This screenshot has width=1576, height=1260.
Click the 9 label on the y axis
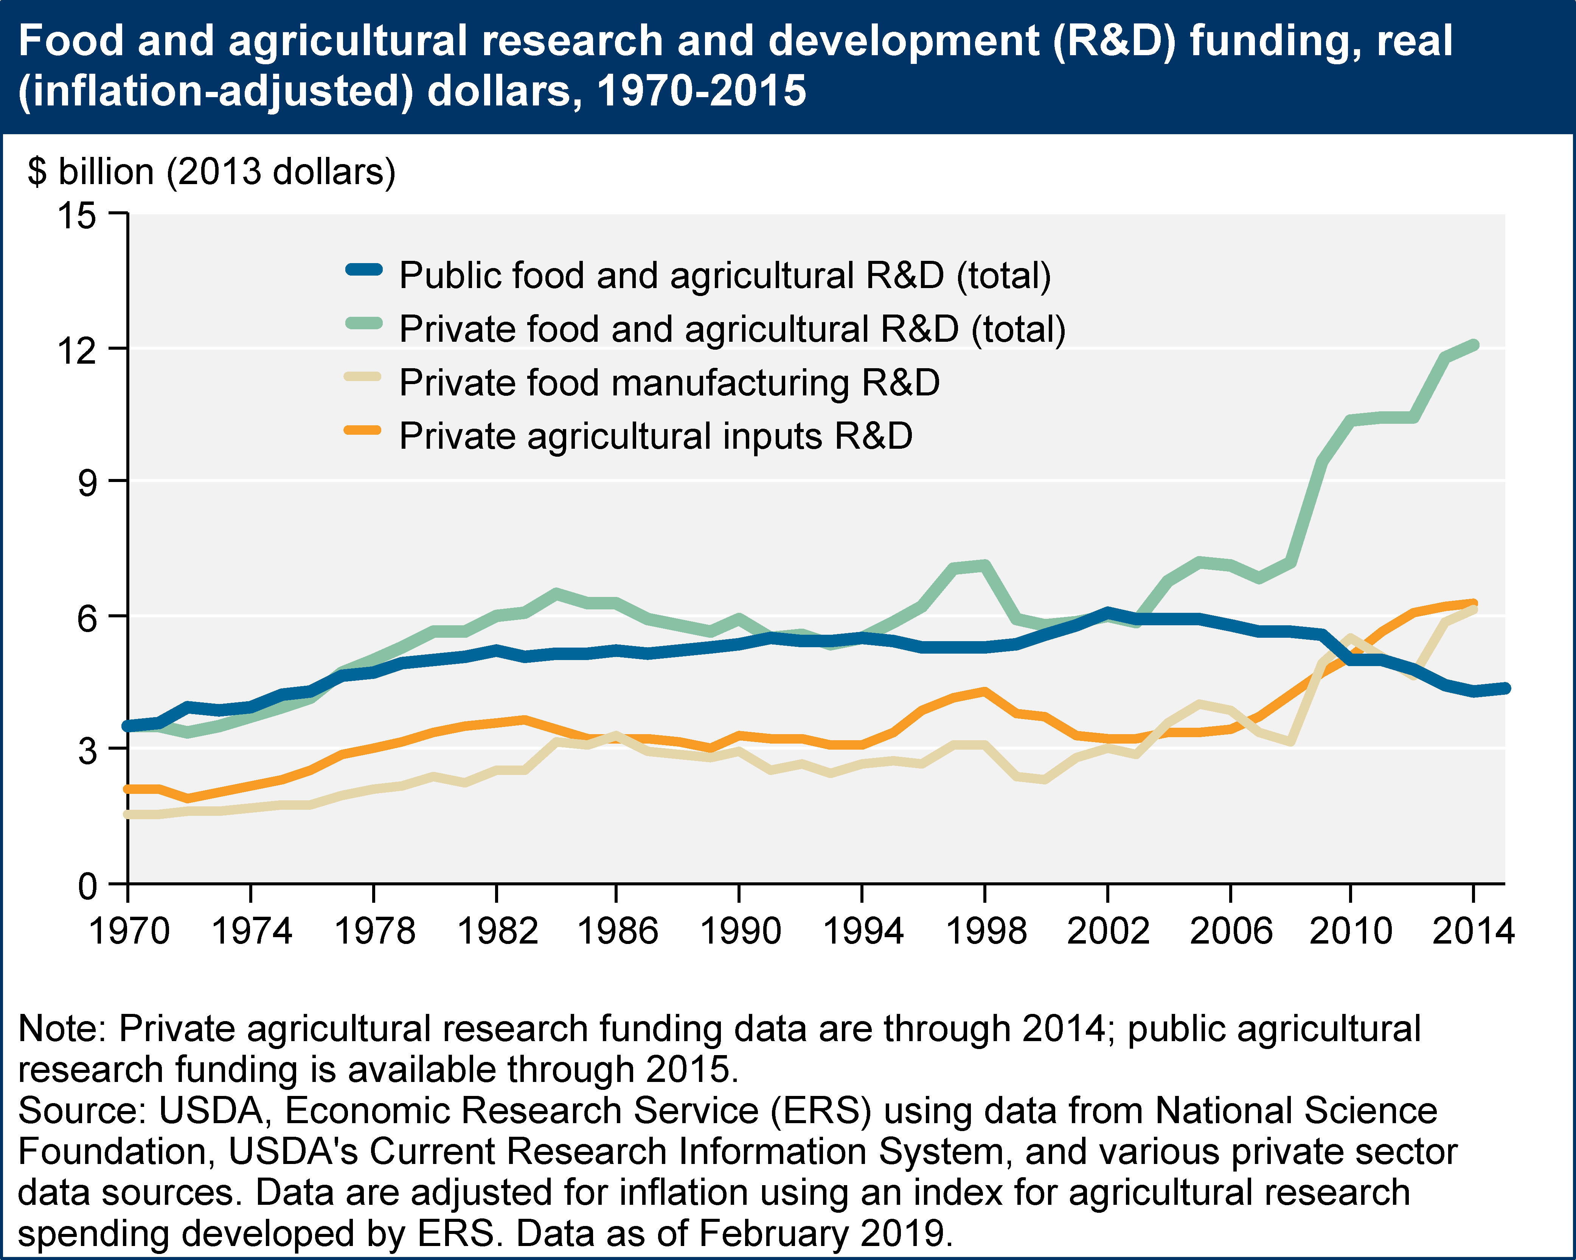[88, 482]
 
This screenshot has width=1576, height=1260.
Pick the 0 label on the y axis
[88, 886]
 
